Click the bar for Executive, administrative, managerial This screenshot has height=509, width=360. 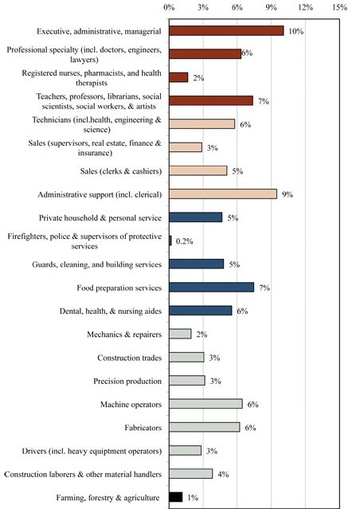[x=226, y=31]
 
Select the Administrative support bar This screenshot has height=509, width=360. [x=223, y=194]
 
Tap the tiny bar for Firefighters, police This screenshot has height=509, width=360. [x=170, y=241]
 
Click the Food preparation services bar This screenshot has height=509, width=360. [x=212, y=287]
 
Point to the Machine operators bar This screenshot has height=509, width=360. [x=206, y=404]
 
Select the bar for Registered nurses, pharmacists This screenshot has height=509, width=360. [x=178, y=77]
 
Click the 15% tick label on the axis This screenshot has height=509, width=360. [x=339, y=7]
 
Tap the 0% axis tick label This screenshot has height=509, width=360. [x=170, y=7]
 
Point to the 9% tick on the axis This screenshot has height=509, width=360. [x=272, y=7]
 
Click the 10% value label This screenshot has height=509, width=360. [x=296, y=32]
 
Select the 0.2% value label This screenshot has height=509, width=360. [x=185, y=241]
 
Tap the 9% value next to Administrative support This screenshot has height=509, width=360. [x=288, y=194]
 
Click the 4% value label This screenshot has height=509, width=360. [x=223, y=474]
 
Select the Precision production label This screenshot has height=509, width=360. [x=127, y=381]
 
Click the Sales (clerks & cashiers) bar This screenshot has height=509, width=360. [x=198, y=170]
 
